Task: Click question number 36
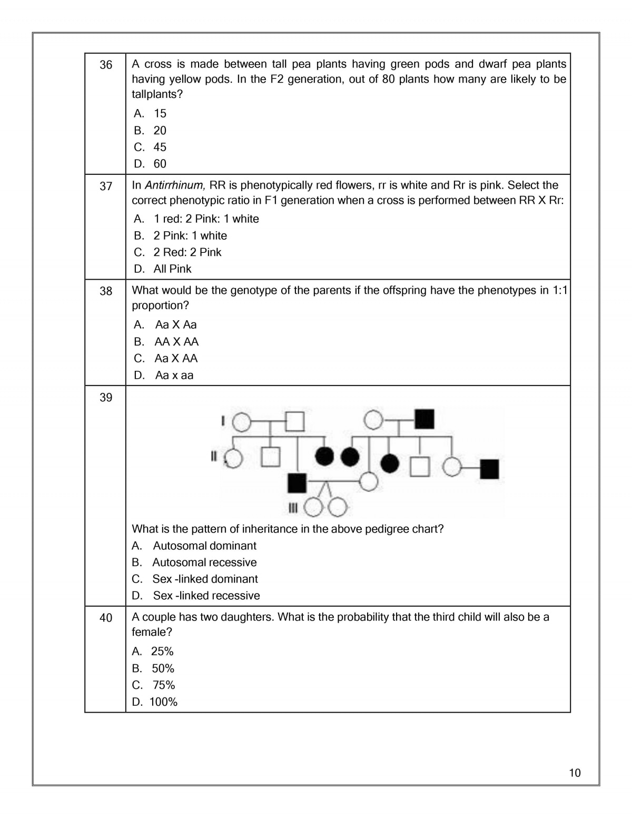106,65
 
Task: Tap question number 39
106,398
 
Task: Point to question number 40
106,618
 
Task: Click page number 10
575,773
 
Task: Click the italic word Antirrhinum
174,185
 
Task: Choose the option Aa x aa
174,376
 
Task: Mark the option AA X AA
176,342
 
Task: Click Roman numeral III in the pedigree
293,508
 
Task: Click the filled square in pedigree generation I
424,419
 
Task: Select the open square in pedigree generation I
295,421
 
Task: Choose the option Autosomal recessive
204,563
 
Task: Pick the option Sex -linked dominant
205,579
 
